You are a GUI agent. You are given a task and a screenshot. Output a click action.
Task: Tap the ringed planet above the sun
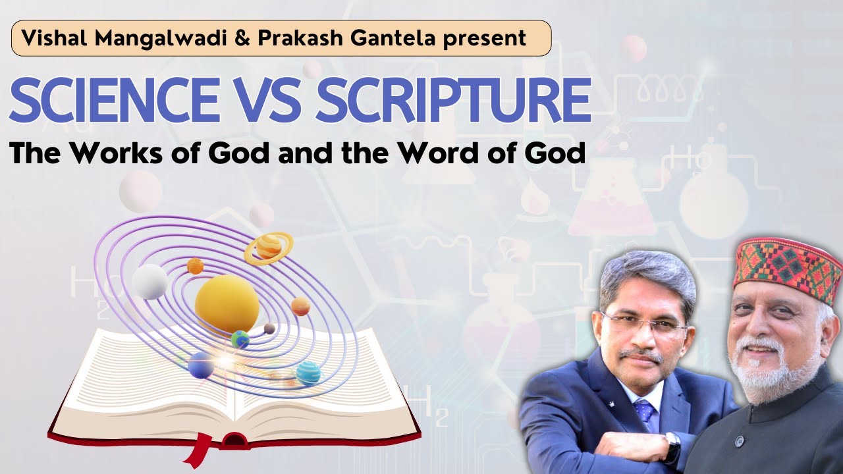(269, 247)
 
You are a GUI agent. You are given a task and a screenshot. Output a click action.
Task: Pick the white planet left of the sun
(150, 281)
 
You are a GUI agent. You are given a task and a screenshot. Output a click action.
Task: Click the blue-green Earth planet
(240, 340)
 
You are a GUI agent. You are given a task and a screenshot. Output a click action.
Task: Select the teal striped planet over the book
(308, 373)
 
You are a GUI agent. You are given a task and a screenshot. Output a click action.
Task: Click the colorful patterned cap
(788, 265)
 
